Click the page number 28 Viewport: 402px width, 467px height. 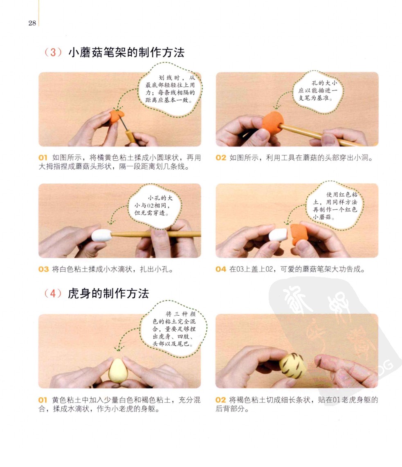(x=32, y=23)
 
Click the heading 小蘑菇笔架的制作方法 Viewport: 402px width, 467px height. (x=126, y=52)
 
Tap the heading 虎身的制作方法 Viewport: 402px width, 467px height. (x=108, y=293)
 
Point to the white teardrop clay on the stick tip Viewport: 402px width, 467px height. (x=101, y=235)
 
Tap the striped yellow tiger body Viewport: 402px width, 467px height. (x=292, y=366)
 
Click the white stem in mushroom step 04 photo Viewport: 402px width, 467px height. (x=278, y=235)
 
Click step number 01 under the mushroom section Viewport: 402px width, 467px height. (x=43, y=158)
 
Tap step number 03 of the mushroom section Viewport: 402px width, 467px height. (x=43, y=269)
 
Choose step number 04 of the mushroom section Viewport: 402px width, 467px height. (x=221, y=269)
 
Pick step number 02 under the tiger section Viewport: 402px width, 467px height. (x=221, y=400)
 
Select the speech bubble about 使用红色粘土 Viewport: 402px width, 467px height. (x=335, y=206)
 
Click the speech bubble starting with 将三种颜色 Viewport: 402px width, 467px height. (x=174, y=329)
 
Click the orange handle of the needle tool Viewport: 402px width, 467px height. (x=130, y=137)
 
